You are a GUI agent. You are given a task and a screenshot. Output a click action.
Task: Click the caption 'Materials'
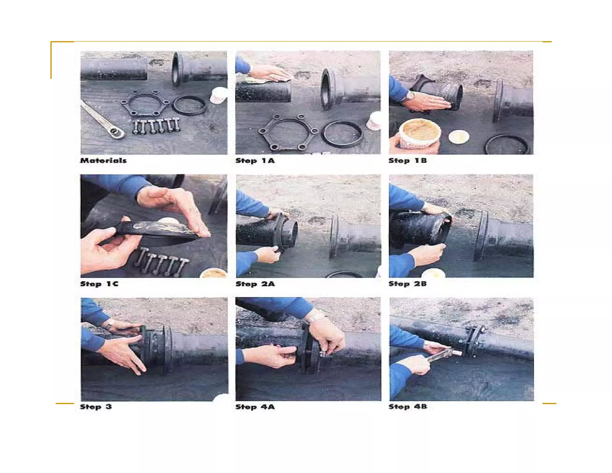tap(103, 161)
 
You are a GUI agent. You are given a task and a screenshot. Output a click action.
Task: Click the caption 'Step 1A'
tap(255, 161)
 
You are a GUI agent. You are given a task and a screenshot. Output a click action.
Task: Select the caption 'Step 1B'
tap(408, 161)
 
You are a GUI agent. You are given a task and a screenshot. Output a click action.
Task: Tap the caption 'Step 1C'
tap(99, 284)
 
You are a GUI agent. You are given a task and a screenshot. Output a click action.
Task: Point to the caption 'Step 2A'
tap(255, 284)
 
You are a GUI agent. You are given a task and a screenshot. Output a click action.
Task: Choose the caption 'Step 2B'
tap(408, 284)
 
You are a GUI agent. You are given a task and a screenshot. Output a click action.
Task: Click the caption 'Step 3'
tap(96, 407)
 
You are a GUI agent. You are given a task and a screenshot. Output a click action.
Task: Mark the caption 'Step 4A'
tap(255, 407)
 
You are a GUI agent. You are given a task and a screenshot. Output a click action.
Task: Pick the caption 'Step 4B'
tap(408, 407)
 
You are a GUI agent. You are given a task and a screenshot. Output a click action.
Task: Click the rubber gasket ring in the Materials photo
tap(189, 105)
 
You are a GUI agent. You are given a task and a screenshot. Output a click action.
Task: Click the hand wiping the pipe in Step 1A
tap(270, 74)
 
